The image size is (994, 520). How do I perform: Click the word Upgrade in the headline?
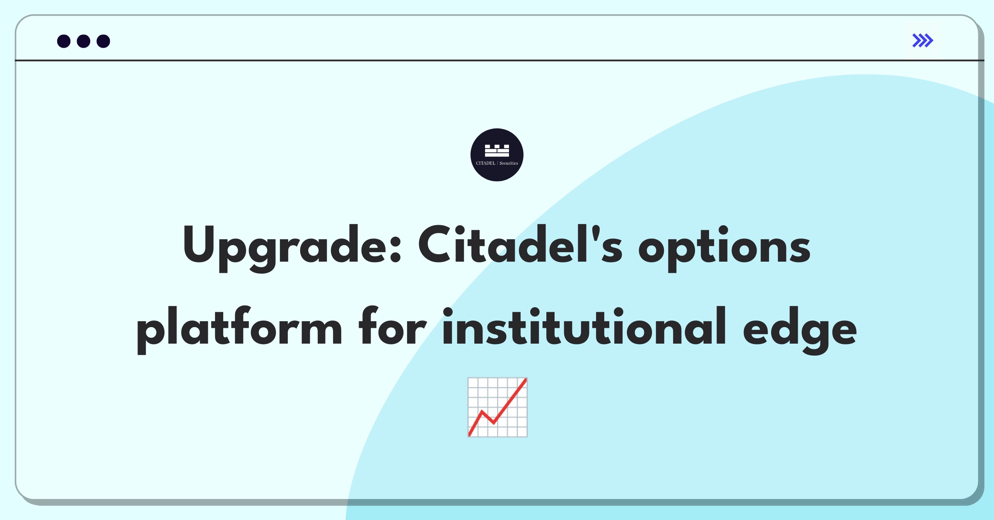[292, 248]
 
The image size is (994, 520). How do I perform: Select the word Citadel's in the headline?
[520, 244]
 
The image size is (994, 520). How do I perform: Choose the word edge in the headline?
[800, 330]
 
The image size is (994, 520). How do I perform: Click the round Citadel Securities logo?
[497, 155]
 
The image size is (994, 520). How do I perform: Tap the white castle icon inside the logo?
[497, 151]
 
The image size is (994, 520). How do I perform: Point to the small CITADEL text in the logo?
[485, 163]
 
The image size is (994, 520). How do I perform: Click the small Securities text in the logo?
[509, 163]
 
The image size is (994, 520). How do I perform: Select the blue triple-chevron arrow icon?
[923, 41]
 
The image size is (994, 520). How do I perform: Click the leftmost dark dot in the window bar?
[64, 41]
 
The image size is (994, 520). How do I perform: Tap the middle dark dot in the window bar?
[84, 41]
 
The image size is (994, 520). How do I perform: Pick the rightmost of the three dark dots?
[104, 41]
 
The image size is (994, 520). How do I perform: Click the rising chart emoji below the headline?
[497, 407]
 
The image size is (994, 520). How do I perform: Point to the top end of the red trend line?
[526, 379]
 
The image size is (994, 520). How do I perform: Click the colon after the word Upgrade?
[396, 250]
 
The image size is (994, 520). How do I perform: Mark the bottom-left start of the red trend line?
[470, 435]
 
